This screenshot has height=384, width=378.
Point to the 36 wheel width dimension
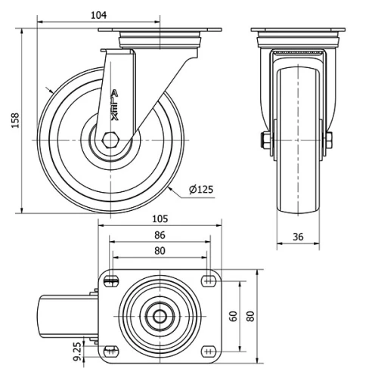(298, 237)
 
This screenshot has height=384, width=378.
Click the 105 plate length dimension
(159, 218)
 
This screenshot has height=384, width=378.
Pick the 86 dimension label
(159, 235)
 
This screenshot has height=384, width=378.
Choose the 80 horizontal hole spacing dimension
(159, 251)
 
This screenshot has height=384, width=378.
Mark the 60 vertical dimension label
(234, 315)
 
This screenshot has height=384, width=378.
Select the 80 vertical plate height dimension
(249, 315)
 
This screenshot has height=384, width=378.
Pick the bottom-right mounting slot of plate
(208, 351)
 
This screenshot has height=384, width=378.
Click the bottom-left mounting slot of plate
(112, 351)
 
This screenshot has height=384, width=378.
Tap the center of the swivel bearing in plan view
(160, 316)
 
